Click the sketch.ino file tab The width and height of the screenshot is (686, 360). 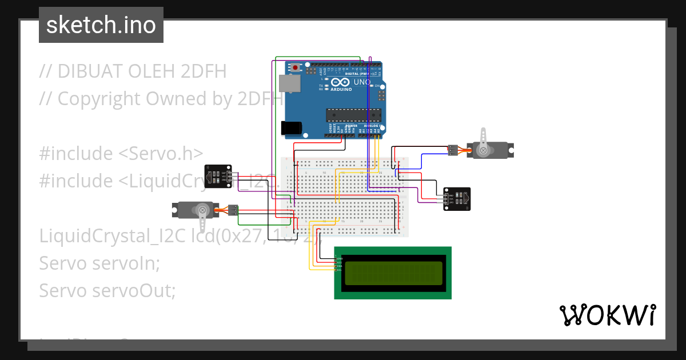101,25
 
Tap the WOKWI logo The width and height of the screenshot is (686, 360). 607,315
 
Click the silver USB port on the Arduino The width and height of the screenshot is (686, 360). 289,83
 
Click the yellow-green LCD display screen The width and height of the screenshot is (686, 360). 393,273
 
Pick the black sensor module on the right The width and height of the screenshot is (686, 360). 457,198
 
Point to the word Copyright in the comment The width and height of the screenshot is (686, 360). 100,99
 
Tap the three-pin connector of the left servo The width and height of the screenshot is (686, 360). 233,210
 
